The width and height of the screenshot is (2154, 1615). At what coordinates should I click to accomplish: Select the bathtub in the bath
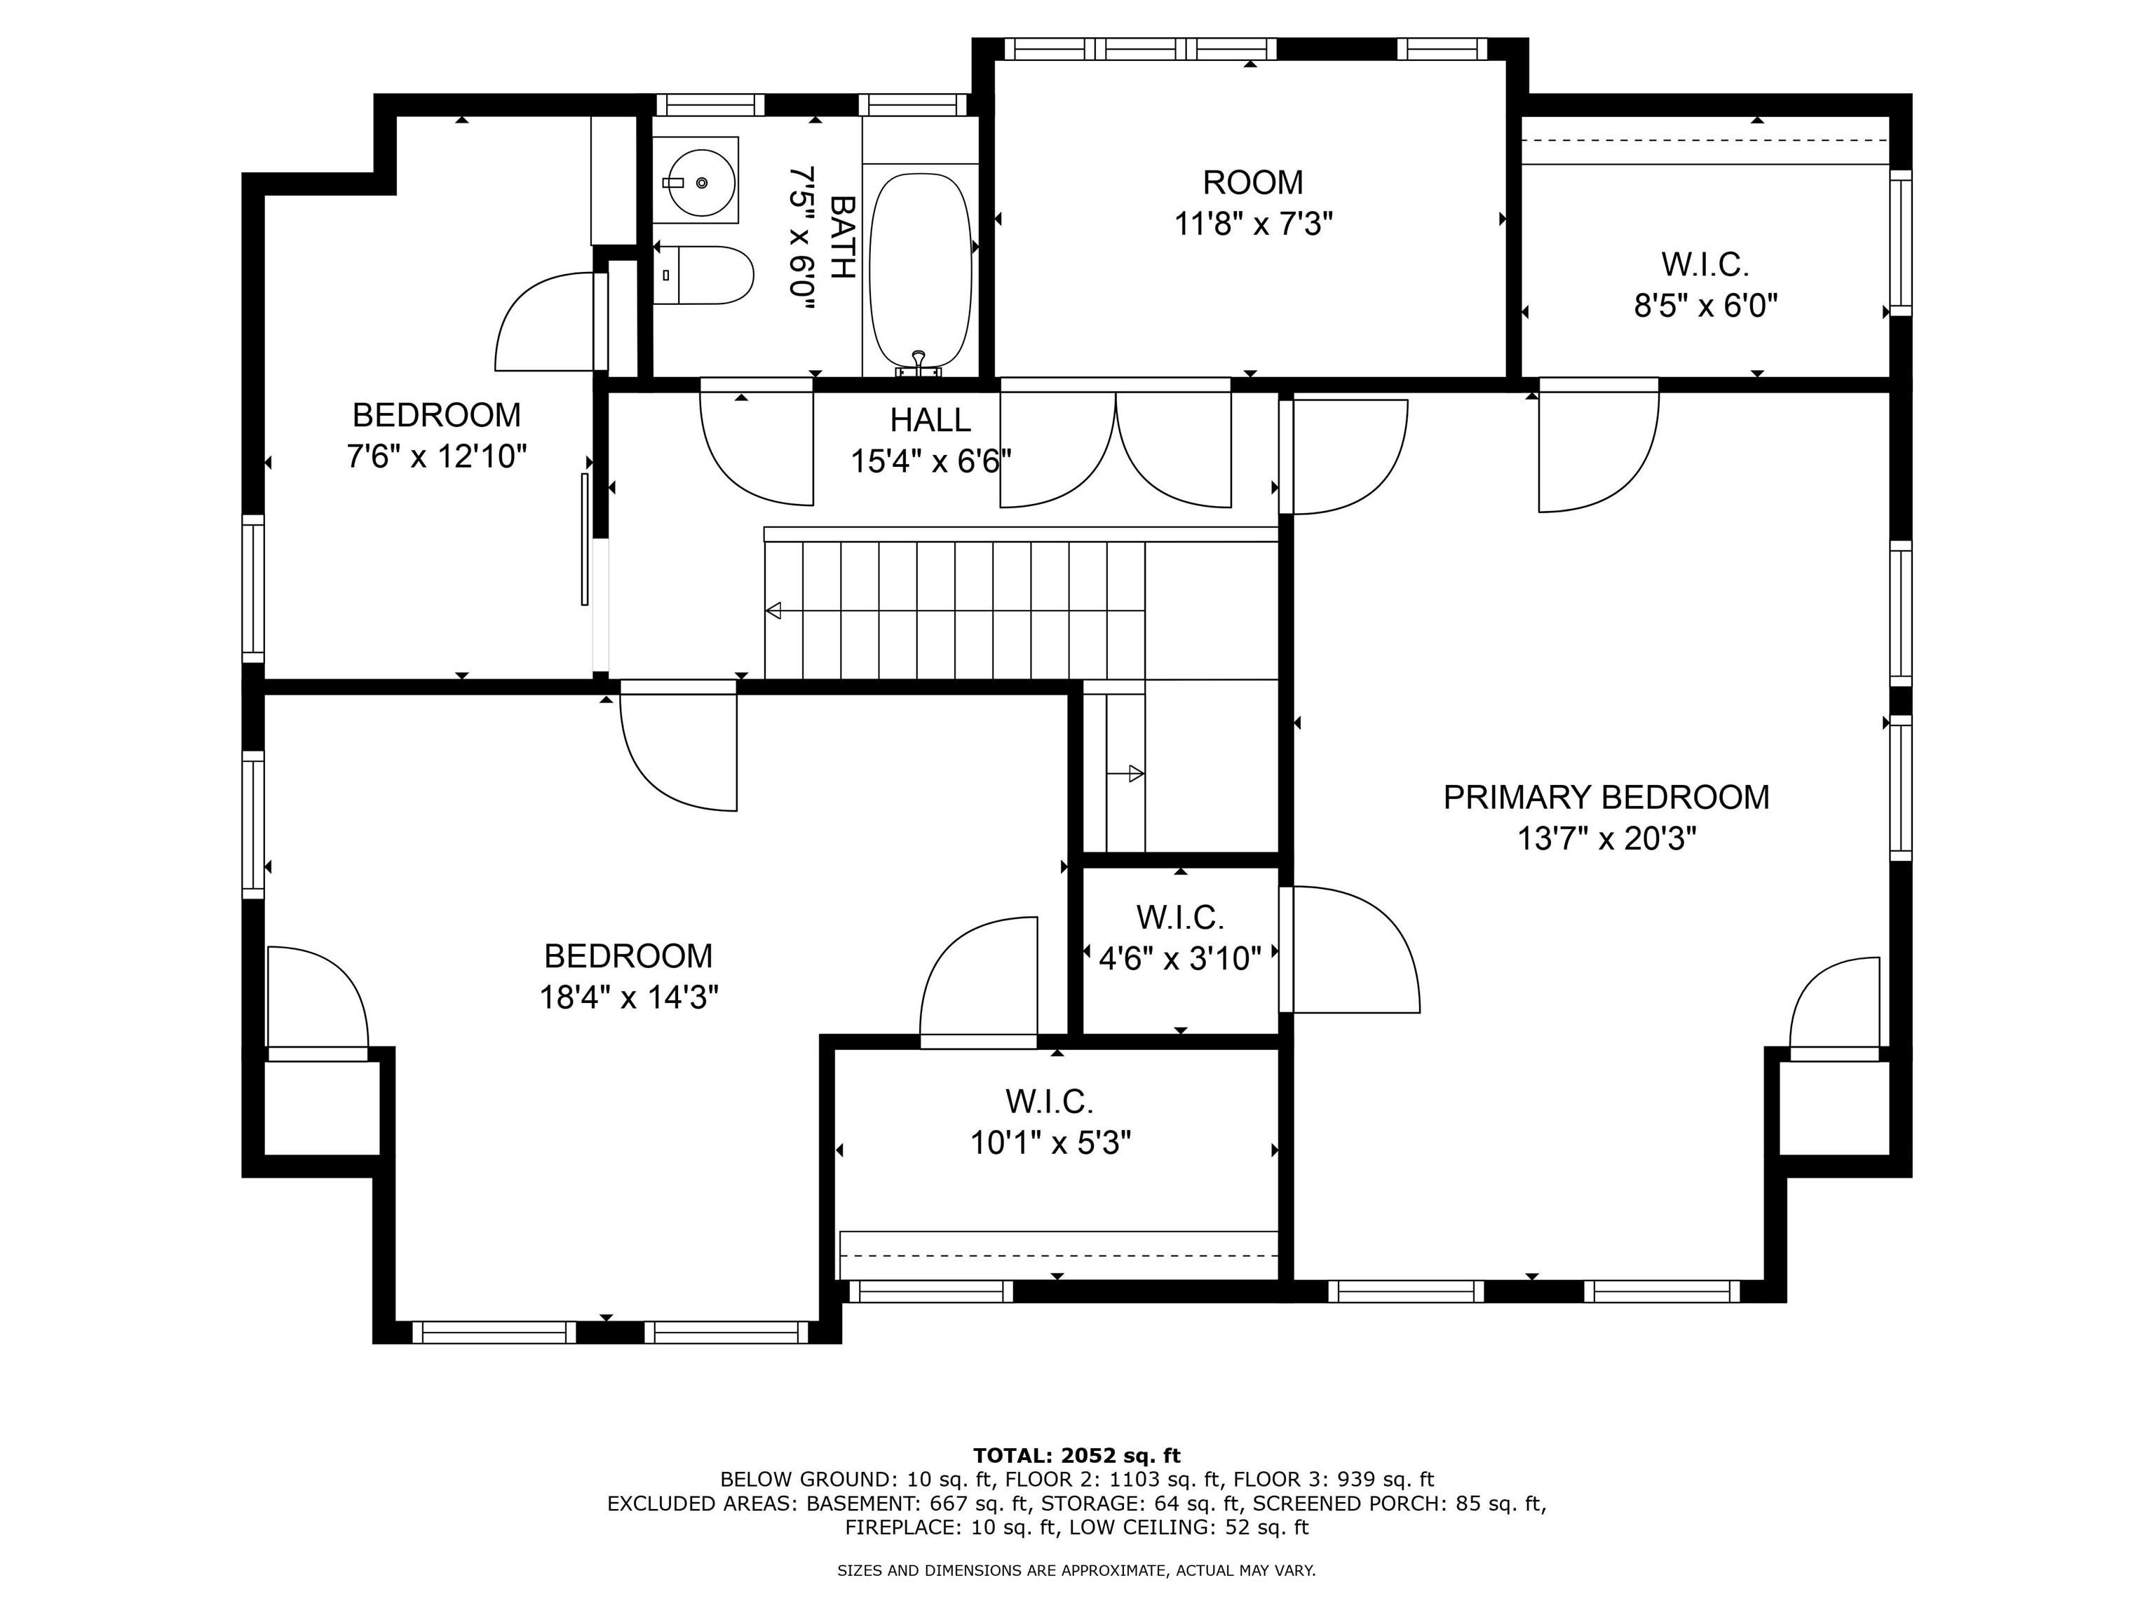pos(920,270)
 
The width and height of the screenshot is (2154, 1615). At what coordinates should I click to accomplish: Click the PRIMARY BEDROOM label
pos(1606,797)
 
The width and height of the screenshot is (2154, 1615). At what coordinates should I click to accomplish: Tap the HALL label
pos(930,421)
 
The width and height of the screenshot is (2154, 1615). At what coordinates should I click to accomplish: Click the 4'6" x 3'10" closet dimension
pos(1180,959)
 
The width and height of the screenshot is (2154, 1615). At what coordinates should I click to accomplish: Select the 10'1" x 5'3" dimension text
pos(1051,1142)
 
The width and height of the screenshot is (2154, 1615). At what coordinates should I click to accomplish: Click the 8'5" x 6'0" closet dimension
pos(1705,306)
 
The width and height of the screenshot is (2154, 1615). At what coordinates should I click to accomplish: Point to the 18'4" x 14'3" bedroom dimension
pos(629,998)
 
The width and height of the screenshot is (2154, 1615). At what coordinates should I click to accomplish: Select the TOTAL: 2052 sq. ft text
pos(1076,1455)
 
